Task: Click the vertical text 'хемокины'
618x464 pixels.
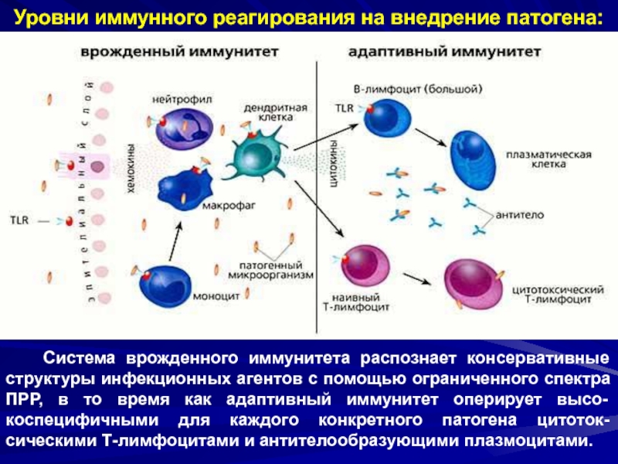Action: (130, 165)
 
